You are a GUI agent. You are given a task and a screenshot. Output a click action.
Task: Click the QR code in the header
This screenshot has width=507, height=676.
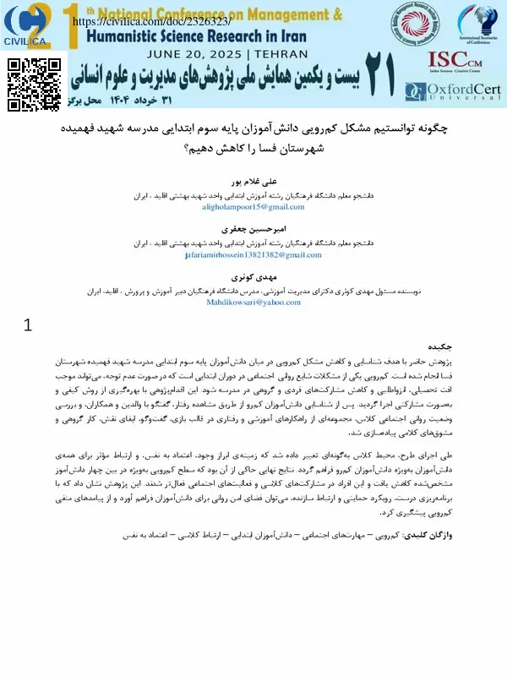(x=34, y=84)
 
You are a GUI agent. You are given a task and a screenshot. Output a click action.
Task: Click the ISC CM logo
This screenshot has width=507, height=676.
(x=456, y=60)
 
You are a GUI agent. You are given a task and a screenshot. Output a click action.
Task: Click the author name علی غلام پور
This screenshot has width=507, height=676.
(x=253, y=183)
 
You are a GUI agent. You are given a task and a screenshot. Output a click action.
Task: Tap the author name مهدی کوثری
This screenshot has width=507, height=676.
(x=253, y=277)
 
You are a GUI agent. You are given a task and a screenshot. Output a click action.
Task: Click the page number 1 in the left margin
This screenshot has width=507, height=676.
(x=28, y=324)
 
